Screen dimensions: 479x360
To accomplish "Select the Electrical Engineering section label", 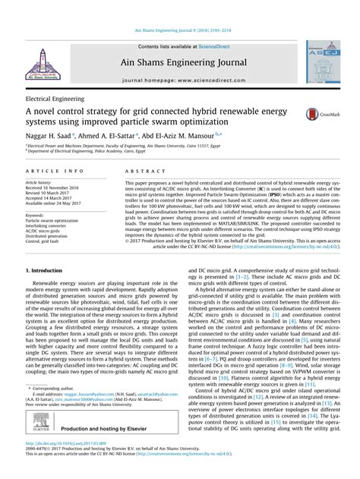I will [55, 99].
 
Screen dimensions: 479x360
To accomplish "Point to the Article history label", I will [39, 183].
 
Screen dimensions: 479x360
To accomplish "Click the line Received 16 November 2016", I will [56, 188].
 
